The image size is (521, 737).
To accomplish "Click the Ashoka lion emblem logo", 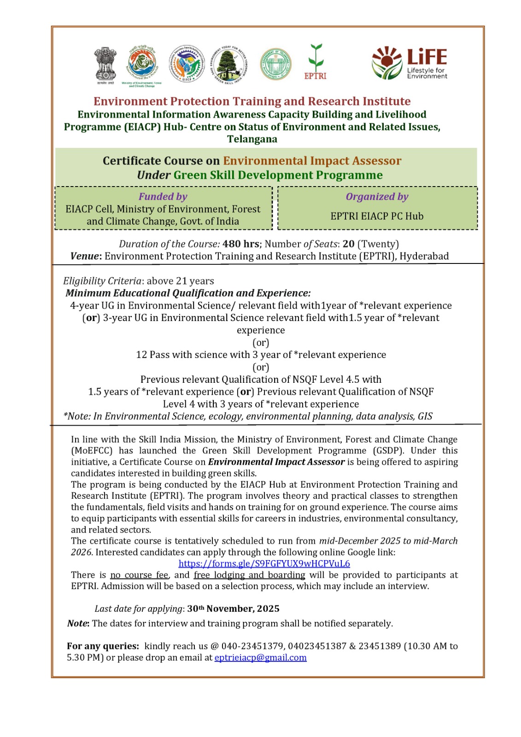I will click(105, 64).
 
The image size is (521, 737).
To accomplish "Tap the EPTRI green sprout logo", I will click(316, 62).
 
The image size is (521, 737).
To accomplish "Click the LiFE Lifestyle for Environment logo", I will click(410, 63).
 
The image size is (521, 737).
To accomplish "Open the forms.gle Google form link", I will click(264, 563).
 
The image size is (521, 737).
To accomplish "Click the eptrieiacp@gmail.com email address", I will click(260, 657).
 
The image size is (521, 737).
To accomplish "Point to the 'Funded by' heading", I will click(163, 197).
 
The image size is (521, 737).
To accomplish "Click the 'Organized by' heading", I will click(377, 197).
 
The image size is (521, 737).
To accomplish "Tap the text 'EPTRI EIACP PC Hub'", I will click(377, 216).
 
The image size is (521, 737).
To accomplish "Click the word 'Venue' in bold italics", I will click(85, 256).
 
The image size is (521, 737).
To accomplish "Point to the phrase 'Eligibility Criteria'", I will click(102, 281).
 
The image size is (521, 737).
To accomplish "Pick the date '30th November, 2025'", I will click(233, 608).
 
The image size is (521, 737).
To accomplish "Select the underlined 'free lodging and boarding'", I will click(249, 575).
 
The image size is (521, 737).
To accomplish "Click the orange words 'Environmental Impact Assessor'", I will click(312, 161).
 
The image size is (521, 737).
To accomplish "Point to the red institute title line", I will click(252, 101).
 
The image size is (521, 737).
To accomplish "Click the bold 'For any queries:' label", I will click(103, 646).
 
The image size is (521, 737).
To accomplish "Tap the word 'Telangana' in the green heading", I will click(252, 139).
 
